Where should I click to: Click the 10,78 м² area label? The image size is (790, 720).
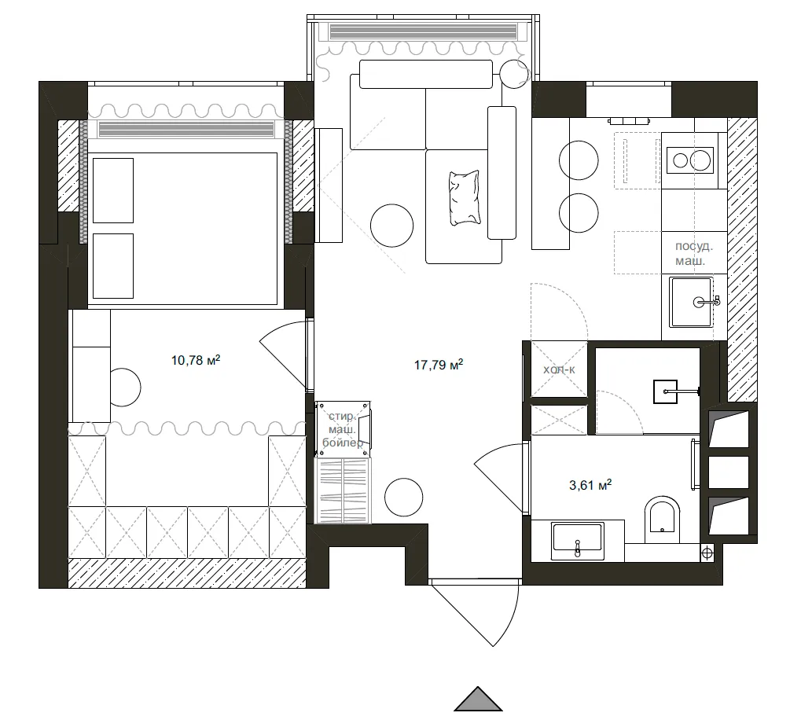click(195, 361)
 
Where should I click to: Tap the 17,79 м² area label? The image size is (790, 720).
click(438, 364)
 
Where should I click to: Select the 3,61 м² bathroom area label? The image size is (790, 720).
click(590, 486)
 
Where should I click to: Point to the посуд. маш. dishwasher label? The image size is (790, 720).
click(695, 252)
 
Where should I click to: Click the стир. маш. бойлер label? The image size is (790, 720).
click(344, 429)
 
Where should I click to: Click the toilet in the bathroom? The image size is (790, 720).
click(660, 520)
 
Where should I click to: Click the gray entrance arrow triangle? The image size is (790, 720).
click(477, 700)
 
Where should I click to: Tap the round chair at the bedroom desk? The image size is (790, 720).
click(124, 387)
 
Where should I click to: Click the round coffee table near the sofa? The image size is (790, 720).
click(391, 226)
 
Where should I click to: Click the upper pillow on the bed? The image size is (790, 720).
click(112, 190)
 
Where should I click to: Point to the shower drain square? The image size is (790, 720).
click(665, 390)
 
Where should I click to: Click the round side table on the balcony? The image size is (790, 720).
click(514, 74)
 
